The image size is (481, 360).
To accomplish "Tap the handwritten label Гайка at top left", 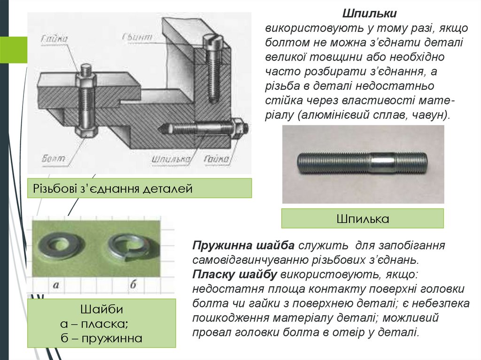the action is [x=54, y=38].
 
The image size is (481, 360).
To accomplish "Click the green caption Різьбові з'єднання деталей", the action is [x=113, y=189].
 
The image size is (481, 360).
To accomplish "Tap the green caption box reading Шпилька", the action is [x=362, y=219].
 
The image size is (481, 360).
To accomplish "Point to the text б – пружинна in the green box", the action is [x=101, y=338].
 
